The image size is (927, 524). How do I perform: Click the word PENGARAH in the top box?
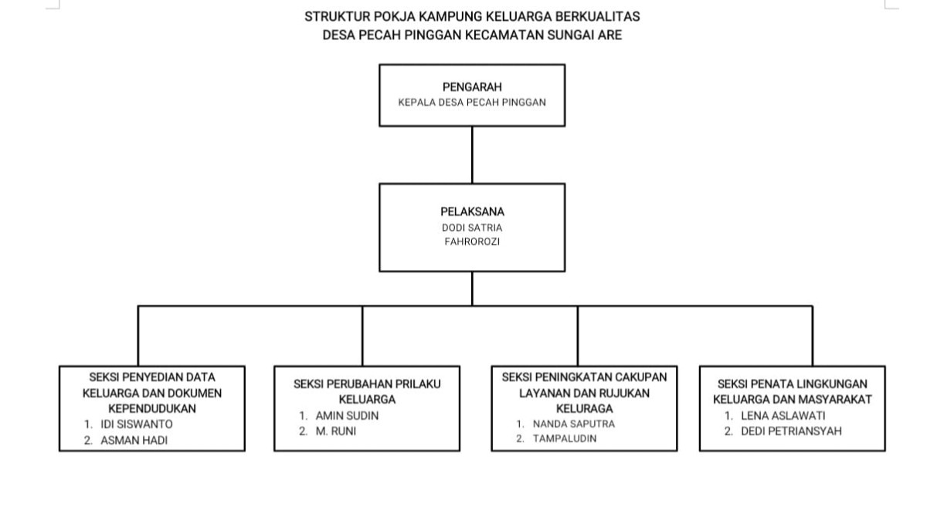tap(472, 88)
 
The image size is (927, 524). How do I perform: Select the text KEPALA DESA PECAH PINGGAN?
tap(472, 103)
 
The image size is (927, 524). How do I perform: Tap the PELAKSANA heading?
tap(472, 211)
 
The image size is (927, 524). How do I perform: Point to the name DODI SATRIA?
tap(472, 228)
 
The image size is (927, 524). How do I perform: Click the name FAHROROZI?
tap(472, 242)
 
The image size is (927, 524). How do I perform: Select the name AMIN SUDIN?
tap(347, 416)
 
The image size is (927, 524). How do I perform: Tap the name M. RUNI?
tap(336, 431)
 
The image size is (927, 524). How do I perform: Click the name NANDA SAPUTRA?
tap(574, 424)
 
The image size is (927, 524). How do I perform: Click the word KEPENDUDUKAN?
tap(152, 408)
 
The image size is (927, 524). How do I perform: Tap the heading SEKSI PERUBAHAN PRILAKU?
tap(367, 384)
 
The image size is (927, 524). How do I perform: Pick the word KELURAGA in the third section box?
tap(584, 408)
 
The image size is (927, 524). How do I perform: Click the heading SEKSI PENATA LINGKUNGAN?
tap(793, 384)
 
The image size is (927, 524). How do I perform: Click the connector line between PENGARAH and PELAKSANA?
tap(472, 154)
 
